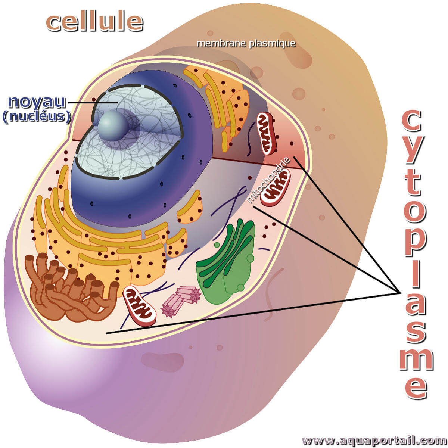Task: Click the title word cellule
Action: [94, 22]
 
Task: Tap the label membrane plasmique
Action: [246, 43]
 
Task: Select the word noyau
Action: [37, 102]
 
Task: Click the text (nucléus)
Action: [37, 116]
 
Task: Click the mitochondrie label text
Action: [268, 180]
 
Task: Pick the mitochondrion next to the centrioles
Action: [140, 305]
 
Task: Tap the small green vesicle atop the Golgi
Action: [217, 245]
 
